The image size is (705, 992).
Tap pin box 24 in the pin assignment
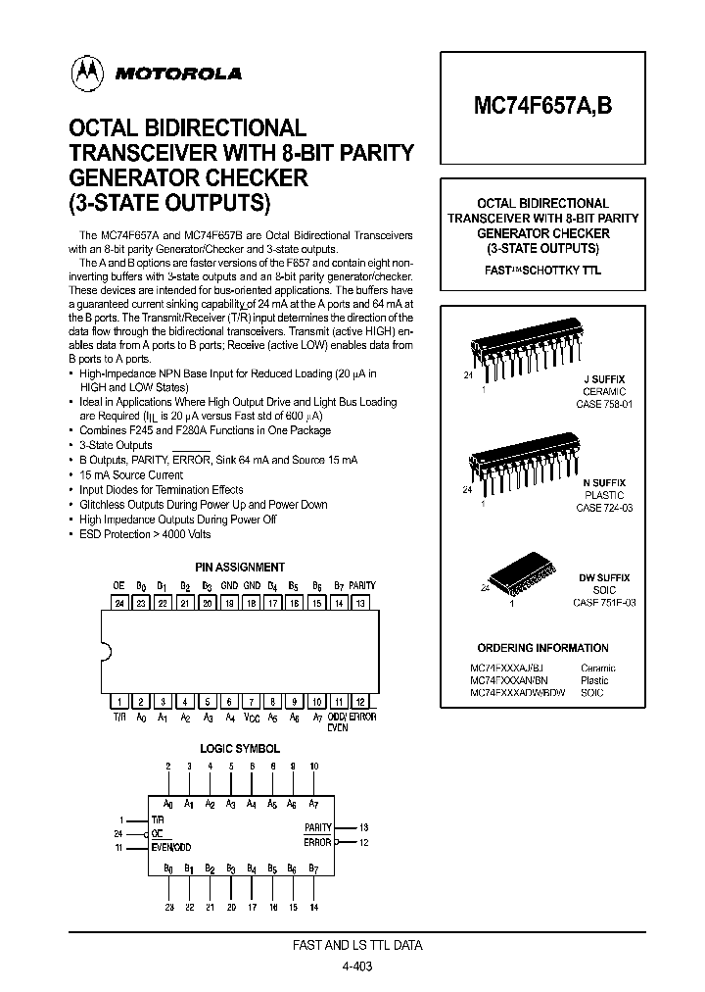click(x=118, y=603)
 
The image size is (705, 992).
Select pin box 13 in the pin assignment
click(x=361, y=603)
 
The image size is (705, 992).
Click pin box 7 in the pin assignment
click(x=251, y=702)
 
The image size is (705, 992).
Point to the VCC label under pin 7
click(x=251, y=717)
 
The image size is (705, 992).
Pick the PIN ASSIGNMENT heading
click(x=240, y=568)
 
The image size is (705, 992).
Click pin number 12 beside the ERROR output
click(x=363, y=842)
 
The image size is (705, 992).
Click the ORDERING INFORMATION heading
click(x=541, y=648)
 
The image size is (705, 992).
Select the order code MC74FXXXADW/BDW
click(x=516, y=693)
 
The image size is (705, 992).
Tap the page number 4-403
click(x=356, y=966)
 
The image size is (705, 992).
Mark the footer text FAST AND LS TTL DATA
click(x=358, y=946)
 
